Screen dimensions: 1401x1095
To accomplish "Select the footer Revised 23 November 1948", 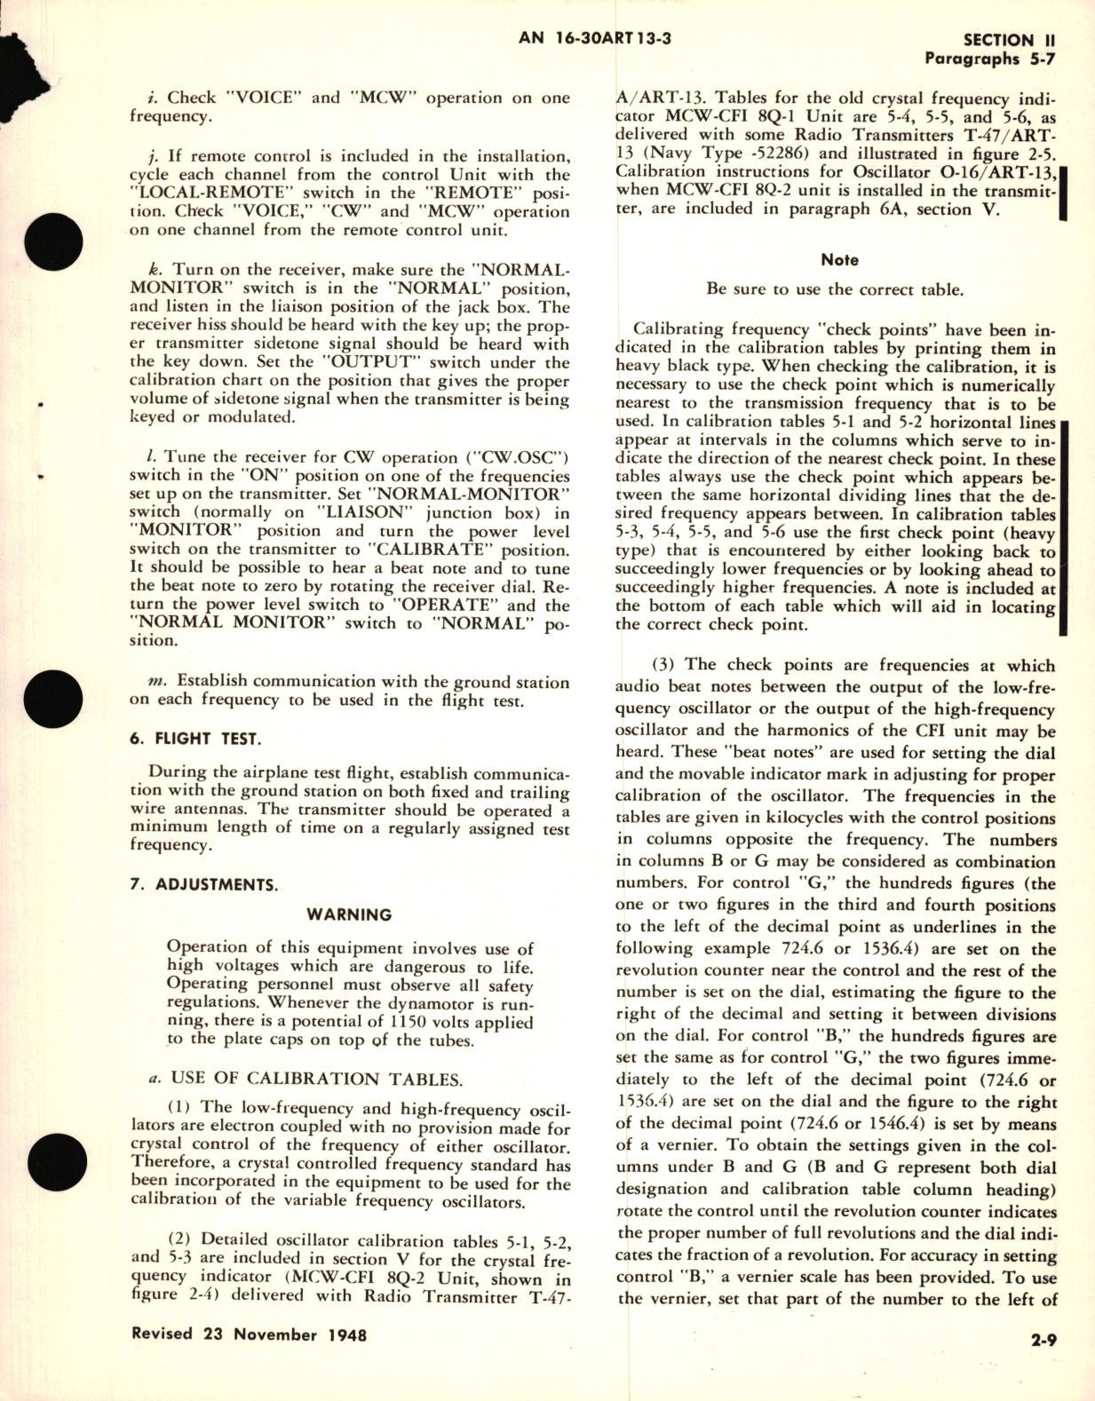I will pos(249,1334).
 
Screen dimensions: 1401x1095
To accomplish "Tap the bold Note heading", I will pos(839,260).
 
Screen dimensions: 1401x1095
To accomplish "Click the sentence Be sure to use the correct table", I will pos(835,289).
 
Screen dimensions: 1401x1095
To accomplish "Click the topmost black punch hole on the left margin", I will pos(20,246).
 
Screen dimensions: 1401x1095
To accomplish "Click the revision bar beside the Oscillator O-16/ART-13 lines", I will pos(1064,191).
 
